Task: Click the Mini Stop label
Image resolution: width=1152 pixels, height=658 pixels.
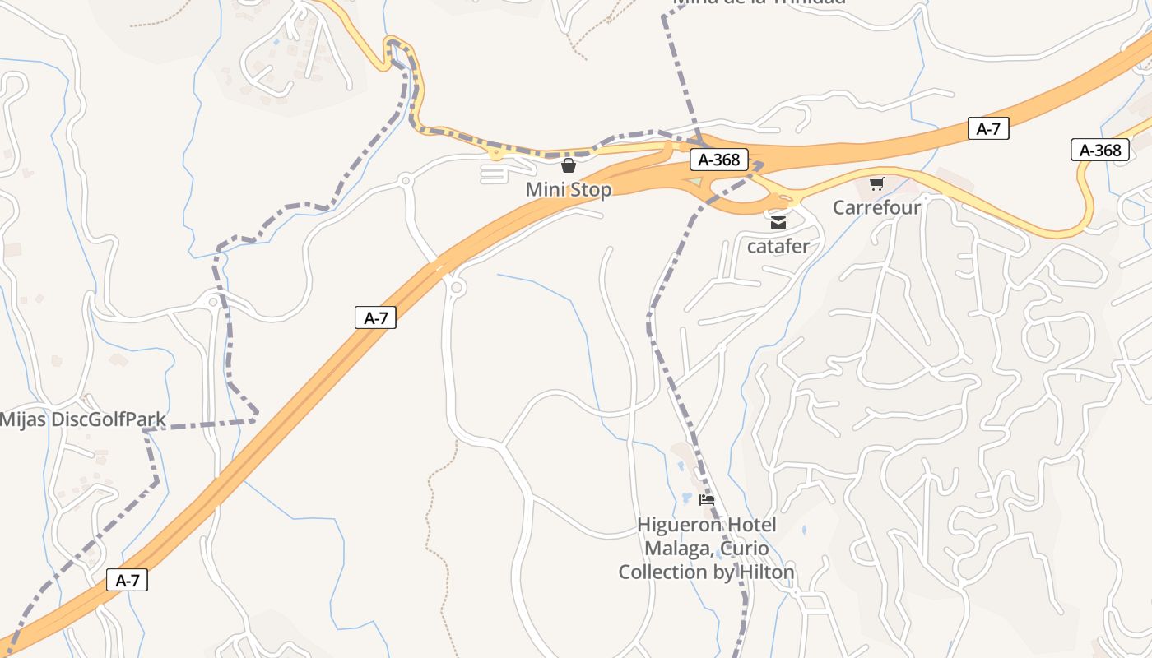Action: (x=569, y=190)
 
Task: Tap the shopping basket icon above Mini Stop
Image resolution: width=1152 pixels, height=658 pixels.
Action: (x=568, y=166)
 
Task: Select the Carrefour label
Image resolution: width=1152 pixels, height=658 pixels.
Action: (x=876, y=207)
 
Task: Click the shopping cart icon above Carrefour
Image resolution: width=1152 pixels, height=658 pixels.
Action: (x=876, y=183)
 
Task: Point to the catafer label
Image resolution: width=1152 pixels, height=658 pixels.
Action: (x=778, y=246)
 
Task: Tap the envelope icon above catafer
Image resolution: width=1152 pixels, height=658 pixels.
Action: (x=778, y=223)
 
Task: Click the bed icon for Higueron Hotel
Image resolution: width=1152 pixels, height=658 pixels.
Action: (x=706, y=499)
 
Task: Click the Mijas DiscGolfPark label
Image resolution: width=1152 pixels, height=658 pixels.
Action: (x=82, y=420)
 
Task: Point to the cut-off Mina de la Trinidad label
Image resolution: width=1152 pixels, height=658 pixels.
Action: (x=759, y=2)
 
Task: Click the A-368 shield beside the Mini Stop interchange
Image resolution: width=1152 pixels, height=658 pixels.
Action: (x=718, y=160)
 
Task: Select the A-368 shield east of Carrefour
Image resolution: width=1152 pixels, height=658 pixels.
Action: (x=1100, y=150)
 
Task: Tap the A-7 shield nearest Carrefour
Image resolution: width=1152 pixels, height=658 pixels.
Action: (x=988, y=128)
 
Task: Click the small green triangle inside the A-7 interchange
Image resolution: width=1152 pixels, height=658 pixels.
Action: (x=697, y=182)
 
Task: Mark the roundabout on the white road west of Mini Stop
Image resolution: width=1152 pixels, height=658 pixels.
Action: (x=405, y=180)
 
